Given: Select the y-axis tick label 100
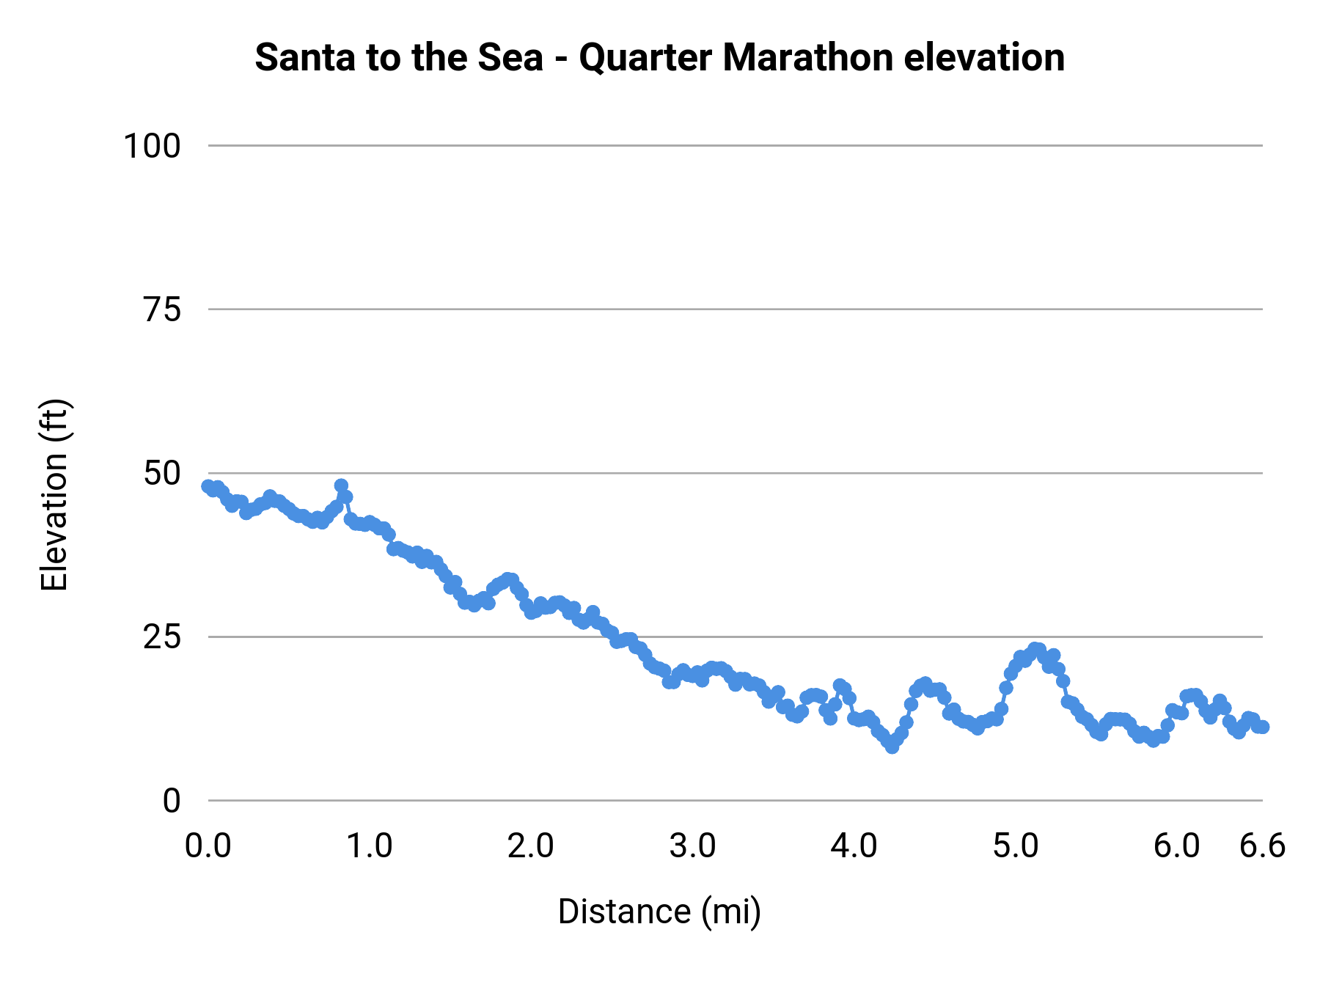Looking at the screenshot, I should coord(152,146).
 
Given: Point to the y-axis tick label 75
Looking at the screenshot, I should coord(161,310).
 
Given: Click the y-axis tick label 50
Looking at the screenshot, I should coord(161,474).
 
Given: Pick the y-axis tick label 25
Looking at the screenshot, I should coord(161,637).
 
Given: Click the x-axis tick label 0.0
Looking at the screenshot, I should coord(208,846).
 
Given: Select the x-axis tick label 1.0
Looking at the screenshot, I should coord(370,846).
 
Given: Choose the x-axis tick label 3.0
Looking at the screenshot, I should coord(692,846).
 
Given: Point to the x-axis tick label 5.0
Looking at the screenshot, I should coord(1016,846).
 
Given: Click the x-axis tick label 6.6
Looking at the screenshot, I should coord(1262,846).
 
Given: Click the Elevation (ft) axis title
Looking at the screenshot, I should coord(54,495).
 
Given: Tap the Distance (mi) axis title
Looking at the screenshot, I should coord(659,912).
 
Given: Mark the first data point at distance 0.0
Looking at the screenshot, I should coord(208,486).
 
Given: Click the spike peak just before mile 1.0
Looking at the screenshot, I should coord(341,485).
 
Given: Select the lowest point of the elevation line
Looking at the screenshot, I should coord(892,747).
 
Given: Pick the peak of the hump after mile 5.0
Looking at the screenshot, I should coord(1035,649).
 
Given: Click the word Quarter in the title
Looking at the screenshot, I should coord(647,57).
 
